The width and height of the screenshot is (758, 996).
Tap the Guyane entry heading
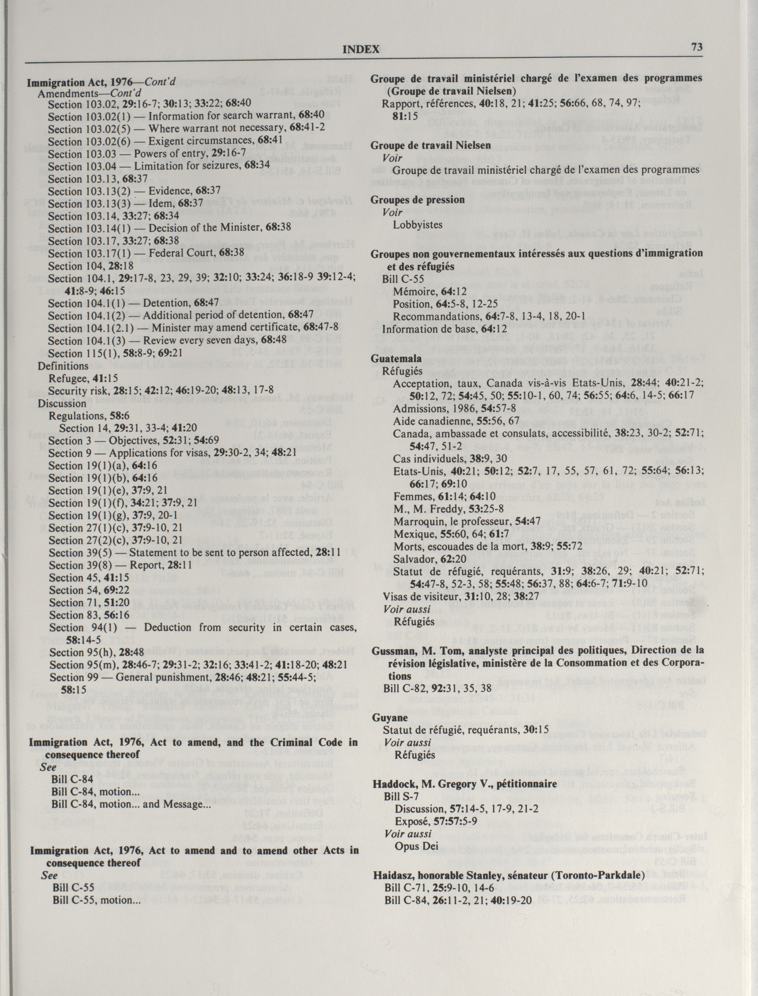[389, 717]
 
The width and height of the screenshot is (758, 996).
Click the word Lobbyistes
[417, 224]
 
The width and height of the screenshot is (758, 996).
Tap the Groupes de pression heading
[417, 200]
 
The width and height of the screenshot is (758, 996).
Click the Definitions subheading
[63, 366]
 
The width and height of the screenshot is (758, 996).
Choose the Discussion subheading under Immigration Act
[62, 403]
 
